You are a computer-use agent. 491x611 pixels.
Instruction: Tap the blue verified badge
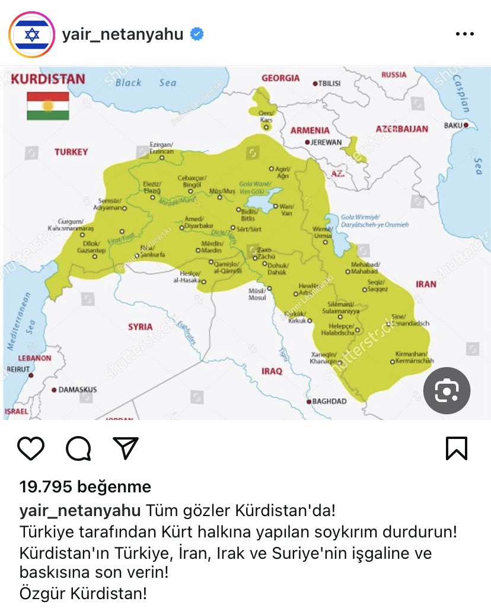[x=196, y=34]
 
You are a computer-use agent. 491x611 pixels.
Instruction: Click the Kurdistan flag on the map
[x=48, y=106]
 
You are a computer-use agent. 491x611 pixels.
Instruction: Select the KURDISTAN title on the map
[x=49, y=79]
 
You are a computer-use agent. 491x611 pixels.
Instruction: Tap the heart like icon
[x=31, y=448]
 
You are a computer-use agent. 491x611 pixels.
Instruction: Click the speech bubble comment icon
[x=78, y=448]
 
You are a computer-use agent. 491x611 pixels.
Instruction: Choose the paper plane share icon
[x=126, y=448]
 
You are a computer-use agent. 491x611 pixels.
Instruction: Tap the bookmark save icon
[x=457, y=448]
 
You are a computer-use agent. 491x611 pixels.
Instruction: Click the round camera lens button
[x=447, y=390]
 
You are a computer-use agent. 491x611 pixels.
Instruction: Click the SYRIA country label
[x=140, y=326]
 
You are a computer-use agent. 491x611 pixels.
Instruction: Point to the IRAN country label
[x=426, y=284]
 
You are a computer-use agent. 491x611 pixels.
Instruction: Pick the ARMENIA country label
[x=310, y=130]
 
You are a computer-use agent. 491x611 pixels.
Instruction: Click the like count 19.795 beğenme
[x=85, y=487]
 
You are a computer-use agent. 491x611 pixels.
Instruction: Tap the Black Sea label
[x=146, y=82]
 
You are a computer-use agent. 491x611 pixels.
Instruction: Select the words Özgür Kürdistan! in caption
[x=83, y=593]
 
